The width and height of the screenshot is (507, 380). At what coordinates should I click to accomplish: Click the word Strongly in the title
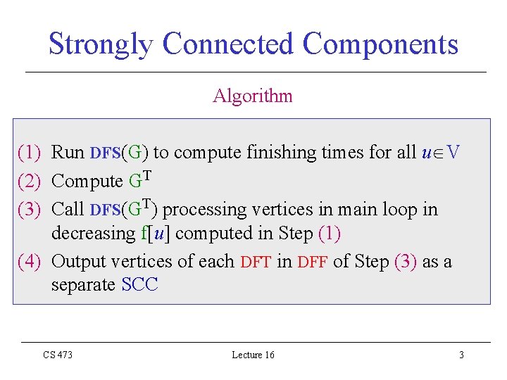point(101,44)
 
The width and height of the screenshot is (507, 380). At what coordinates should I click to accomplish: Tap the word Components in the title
point(380,45)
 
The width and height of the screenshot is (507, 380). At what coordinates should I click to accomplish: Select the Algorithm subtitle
point(253,96)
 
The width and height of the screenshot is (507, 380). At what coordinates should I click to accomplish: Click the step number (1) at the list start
point(30,152)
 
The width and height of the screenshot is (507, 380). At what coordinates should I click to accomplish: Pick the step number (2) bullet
point(30,181)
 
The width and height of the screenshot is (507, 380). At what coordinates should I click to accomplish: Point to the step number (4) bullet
point(30,261)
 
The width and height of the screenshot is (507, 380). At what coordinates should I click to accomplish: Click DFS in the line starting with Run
point(106,153)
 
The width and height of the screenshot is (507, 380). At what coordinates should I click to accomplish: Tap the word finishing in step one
point(281,152)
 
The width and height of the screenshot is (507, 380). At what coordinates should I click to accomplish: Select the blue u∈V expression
point(441,152)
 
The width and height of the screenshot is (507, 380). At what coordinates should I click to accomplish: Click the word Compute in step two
point(87,181)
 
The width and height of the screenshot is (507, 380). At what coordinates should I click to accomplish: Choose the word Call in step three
point(68,209)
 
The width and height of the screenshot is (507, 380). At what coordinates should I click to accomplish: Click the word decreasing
point(94,234)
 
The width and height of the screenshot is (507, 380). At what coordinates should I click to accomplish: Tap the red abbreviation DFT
point(256,262)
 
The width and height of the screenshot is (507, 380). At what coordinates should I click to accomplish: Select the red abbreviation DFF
point(313,262)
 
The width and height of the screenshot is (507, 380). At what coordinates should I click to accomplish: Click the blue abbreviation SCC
point(139,284)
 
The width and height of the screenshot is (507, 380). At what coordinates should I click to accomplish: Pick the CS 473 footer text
point(58,355)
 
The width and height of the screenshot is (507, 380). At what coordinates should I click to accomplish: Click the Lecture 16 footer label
point(254,355)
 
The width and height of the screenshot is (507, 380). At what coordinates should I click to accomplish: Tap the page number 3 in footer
point(462,355)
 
